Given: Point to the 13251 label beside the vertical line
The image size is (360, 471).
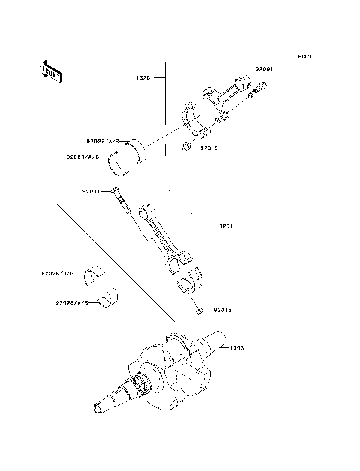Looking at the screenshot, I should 145,76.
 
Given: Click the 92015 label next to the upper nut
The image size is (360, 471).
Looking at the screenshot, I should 209,148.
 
